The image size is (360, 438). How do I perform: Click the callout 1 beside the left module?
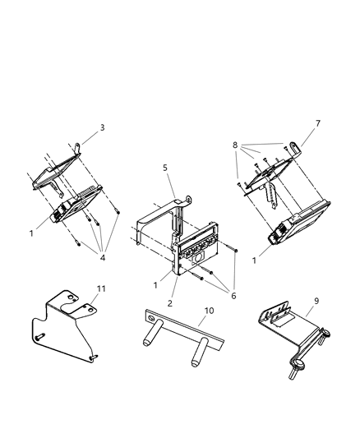[31, 233]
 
